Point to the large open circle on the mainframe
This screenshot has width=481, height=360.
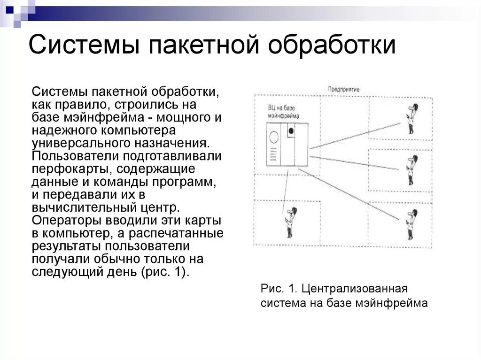click(273, 137)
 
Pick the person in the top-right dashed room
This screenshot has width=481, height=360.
click(412, 118)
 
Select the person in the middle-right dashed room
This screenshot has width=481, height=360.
click(412, 169)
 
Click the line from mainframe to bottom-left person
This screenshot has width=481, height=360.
click(284, 188)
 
